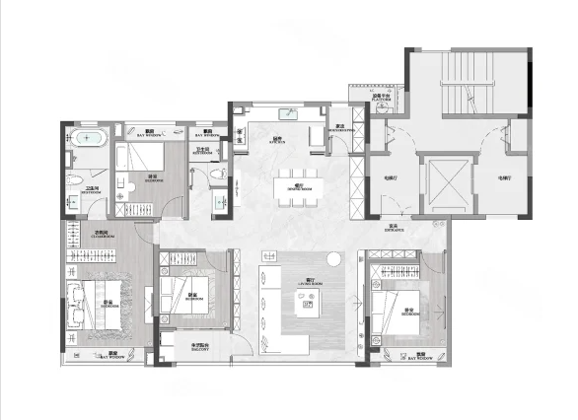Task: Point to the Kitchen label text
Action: [x=279, y=140]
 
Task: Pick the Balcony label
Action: [x=199, y=346]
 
